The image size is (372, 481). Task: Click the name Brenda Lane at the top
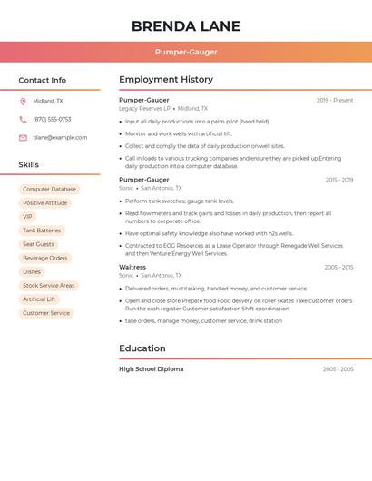[186, 25]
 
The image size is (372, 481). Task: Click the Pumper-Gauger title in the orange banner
[186, 52]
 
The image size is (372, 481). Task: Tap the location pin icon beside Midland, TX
[23, 102]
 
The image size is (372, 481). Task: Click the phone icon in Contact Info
[23, 119]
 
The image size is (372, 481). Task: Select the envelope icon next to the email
[23, 138]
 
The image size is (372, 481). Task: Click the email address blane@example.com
[60, 138]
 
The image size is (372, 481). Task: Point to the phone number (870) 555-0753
[52, 119]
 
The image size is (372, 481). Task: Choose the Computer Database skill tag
[50, 190]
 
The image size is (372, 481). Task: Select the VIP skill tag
[27, 217]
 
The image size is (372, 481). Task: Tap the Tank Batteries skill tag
[42, 231]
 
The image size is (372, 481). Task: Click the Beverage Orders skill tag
[45, 258]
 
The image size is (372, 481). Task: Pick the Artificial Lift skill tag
[39, 299]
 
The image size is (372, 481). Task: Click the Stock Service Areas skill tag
[49, 285]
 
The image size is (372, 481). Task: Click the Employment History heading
[166, 80]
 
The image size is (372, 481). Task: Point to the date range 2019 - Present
[335, 101]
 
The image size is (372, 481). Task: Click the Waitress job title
[132, 267]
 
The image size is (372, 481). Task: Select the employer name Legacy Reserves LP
[144, 108]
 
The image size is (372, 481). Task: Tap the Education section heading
[142, 348]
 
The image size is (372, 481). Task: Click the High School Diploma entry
[152, 369]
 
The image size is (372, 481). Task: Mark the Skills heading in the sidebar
[29, 165]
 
